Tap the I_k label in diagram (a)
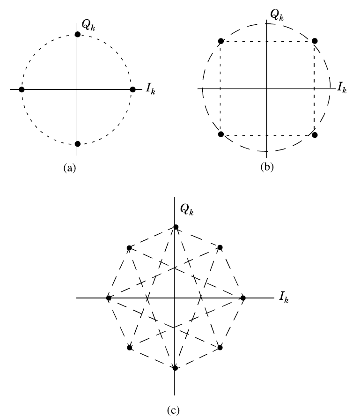tap(150, 90)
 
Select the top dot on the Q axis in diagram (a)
tap(78, 35)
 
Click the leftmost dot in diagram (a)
tap(22, 89)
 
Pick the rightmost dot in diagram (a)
tap(132, 89)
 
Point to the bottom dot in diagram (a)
tap(78, 143)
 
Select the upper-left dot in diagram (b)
tap(221, 41)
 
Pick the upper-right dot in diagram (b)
tap(314, 41)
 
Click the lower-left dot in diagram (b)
tap(221, 134)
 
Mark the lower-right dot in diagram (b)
tap(314, 135)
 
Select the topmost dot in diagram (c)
tap(176, 227)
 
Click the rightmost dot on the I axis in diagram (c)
tap(243, 298)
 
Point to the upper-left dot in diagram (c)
tap(129, 247)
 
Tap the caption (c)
tap(173, 409)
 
